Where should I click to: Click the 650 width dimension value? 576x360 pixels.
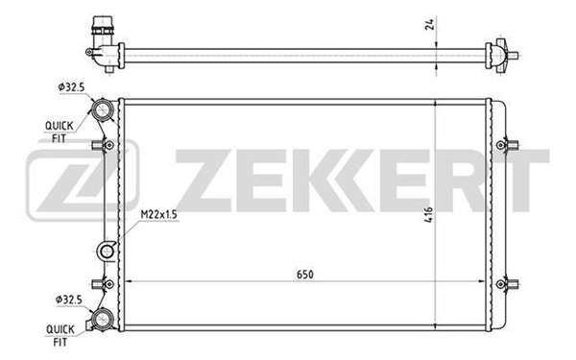pyautogui.click(x=305, y=275)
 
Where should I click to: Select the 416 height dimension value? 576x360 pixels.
pyautogui.click(x=428, y=214)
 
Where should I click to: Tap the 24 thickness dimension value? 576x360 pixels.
pyautogui.click(x=429, y=24)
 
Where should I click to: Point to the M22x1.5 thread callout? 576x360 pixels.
pyautogui.click(x=158, y=214)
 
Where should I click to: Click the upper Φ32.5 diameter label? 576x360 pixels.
pyautogui.click(x=71, y=87)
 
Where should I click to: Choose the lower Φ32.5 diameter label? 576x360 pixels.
pyautogui.click(x=69, y=300)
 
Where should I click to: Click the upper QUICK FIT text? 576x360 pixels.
pyautogui.click(x=59, y=132)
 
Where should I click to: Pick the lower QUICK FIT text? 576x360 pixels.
pyautogui.click(x=60, y=336)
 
